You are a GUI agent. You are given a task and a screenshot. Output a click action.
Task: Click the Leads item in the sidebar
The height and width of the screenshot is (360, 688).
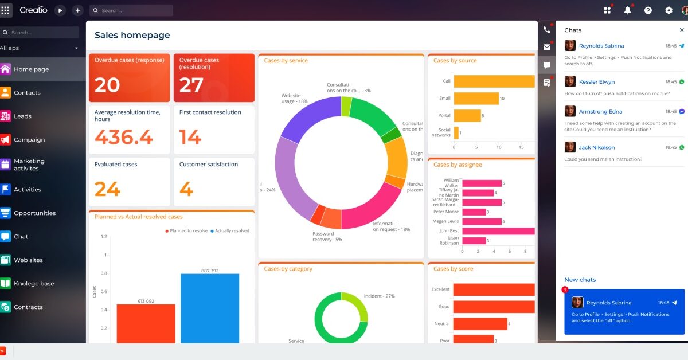tap(23, 116)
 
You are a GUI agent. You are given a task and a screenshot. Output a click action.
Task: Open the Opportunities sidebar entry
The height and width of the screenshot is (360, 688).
tap(34, 213)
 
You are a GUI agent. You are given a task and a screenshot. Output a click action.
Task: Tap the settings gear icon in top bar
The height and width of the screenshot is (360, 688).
tap(669, 10)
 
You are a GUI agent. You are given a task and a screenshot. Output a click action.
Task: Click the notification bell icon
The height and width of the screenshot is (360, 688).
tap(627, 10)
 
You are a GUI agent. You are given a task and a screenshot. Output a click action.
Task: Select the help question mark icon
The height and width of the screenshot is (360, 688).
tap(648, 10)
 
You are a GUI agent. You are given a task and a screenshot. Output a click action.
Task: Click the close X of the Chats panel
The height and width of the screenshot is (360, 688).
tap(681, 30)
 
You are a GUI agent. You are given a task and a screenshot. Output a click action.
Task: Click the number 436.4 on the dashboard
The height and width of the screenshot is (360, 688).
tap(124, 138)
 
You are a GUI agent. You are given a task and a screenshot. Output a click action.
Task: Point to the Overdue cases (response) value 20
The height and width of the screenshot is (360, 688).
tap(107, 85)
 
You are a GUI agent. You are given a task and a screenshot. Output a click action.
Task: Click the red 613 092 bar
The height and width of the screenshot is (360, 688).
tap(146, 323)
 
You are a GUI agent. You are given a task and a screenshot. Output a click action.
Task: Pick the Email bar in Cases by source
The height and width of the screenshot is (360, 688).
tap(475, 99)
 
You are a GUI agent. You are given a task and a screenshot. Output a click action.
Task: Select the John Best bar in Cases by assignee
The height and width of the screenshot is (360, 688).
tap(498, 231)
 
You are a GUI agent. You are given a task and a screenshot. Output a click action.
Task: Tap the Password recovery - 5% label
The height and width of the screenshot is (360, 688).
tap(327, 237)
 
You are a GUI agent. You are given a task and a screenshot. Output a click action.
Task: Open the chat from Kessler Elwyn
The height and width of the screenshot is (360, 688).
tap(596, 82)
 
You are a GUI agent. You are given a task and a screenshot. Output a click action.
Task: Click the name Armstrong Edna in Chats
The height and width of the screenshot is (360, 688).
tap(600, 112)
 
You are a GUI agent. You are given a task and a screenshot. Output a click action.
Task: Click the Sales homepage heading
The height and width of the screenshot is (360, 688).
tap(132, 36)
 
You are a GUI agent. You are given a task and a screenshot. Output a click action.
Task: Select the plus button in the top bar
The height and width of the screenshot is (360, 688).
tap(77, 10)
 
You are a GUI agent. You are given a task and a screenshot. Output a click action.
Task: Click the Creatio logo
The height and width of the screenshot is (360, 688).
tap(33, 10)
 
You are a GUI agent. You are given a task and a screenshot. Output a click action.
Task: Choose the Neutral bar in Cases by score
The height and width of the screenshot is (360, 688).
tap(480, 324)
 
